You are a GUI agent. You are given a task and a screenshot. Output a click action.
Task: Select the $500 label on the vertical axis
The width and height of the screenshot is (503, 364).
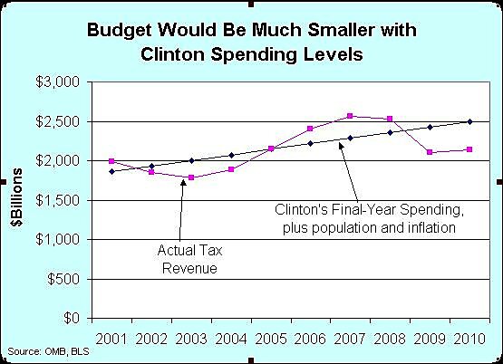(70, 280)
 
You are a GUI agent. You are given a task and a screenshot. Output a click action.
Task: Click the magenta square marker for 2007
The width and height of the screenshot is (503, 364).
(350, 116)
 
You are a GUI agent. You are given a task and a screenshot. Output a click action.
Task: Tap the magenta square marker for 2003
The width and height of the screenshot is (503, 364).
(190, 177)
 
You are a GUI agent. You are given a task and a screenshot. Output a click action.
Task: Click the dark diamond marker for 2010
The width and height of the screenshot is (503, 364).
(469, 121)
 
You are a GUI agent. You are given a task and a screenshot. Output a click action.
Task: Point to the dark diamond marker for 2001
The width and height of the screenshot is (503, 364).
(111, 171)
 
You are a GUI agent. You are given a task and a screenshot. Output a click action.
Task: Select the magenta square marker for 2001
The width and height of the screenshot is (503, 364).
(111, 161)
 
